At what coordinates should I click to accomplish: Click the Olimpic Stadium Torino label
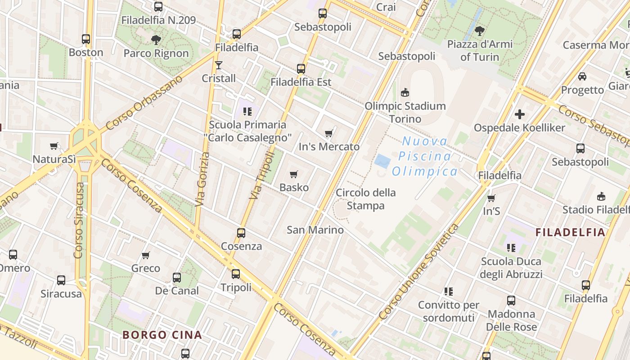(405, 112)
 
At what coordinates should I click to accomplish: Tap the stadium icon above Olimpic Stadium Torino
(405, 93)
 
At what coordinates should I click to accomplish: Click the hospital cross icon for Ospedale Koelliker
(520, 114)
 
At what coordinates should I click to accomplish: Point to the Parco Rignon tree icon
(156, 40)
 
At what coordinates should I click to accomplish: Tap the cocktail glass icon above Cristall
(219, 65)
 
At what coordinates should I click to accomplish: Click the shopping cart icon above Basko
(294, 174)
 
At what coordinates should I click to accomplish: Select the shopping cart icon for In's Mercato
(329, 134)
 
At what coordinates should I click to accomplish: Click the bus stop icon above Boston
(86, 39)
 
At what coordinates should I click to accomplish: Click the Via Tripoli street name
(262, 175)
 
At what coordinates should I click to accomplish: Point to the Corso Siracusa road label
(79, 220)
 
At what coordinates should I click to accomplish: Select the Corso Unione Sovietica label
(418, 272)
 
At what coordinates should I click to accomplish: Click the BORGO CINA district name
(162, 335)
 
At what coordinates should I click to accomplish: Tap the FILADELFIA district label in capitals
(570, 232)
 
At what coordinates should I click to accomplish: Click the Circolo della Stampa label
(366, 199)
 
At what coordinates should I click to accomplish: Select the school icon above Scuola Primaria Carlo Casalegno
(247, 111)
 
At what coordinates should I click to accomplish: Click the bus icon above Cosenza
(241, 233)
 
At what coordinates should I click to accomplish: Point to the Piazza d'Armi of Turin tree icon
(480, 31)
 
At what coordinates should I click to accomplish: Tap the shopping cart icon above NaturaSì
(54, 146)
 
